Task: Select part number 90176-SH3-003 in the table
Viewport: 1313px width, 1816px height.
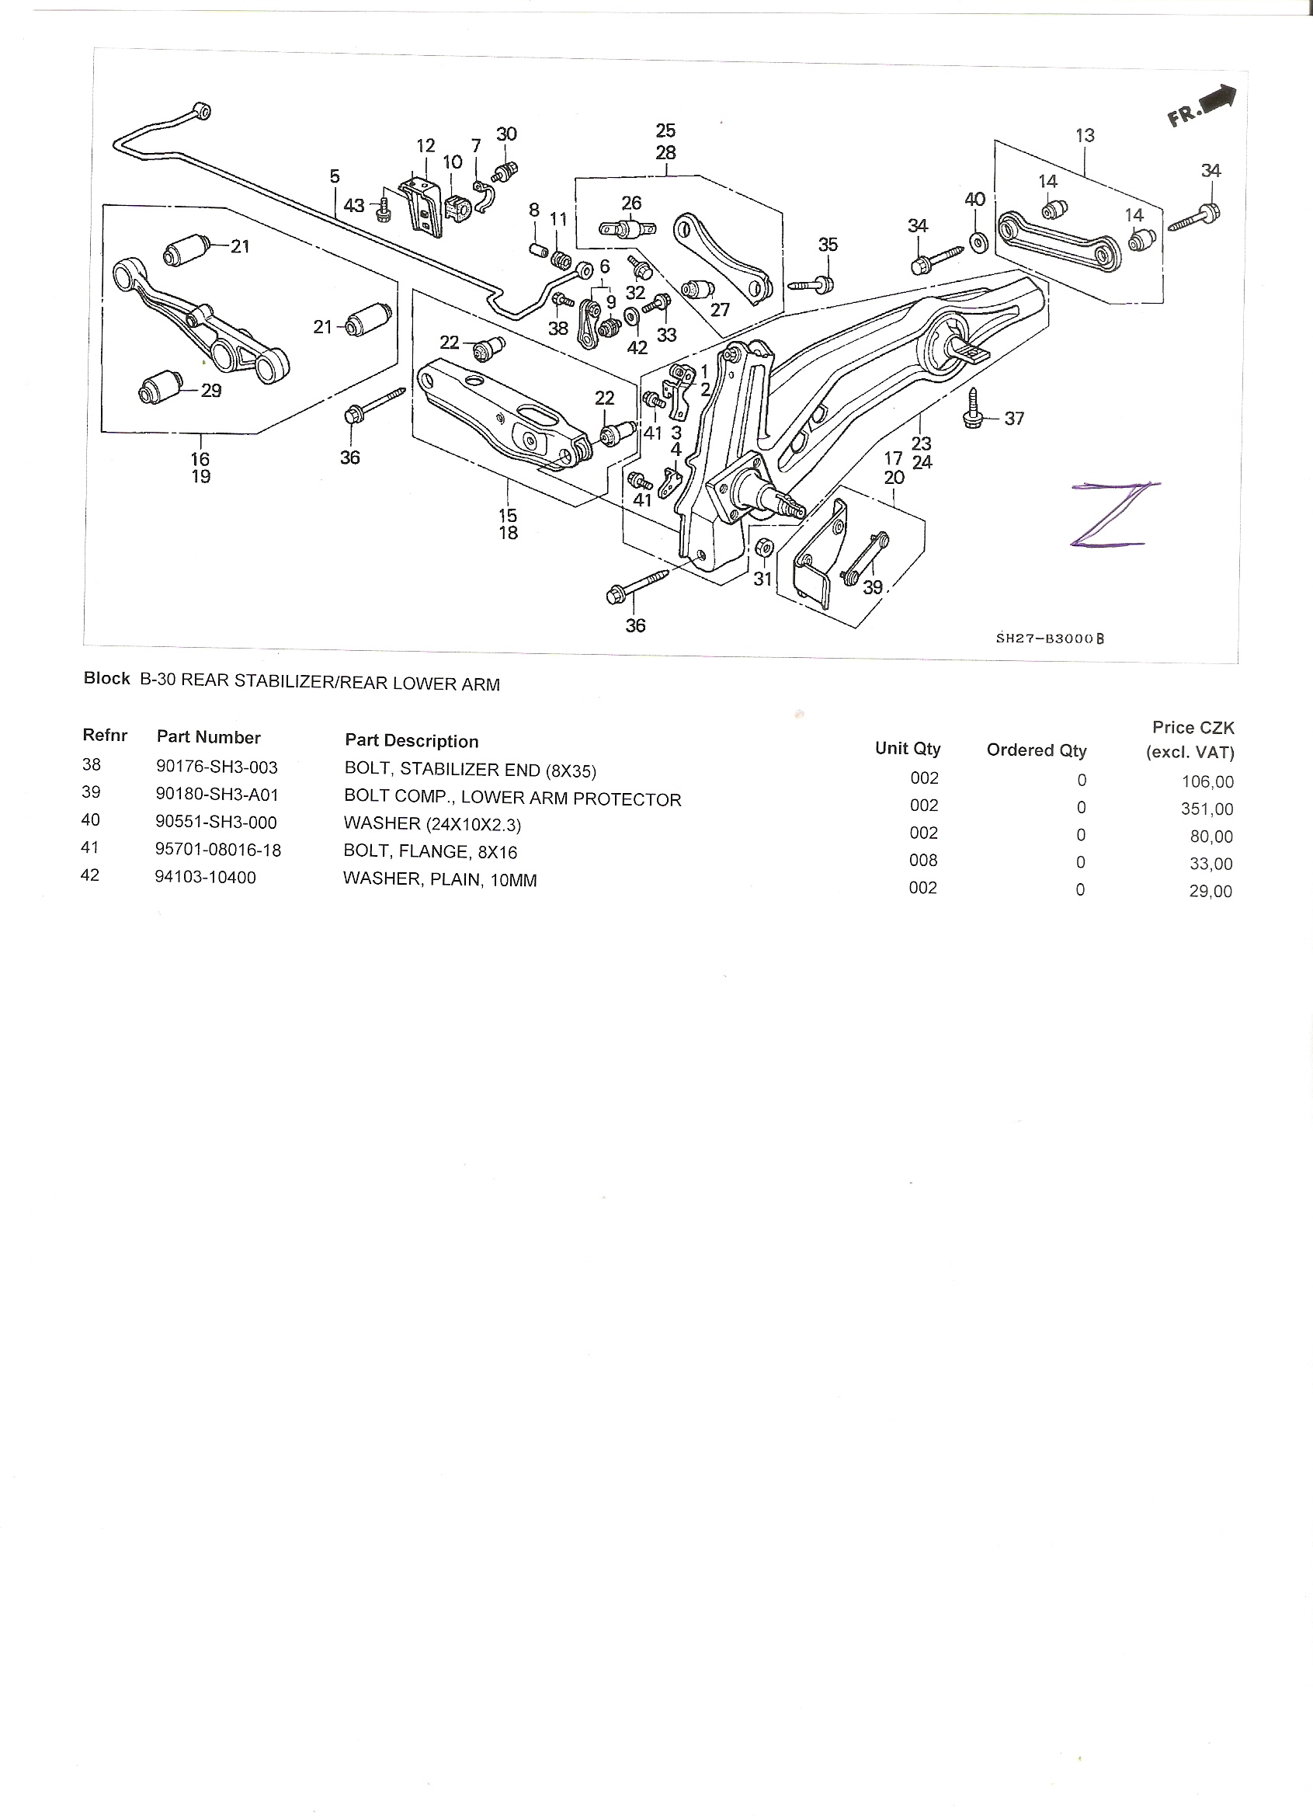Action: point(217,767)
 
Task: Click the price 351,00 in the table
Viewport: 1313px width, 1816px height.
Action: point(1207,809)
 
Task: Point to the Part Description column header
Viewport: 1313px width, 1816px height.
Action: point(412,741)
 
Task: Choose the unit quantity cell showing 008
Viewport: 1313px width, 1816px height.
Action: point(923,860)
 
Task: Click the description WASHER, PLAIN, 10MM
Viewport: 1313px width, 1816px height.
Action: point(439,880)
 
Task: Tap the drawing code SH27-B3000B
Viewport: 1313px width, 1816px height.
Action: point(1050,638)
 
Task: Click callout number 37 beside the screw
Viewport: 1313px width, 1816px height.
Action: point(1013,418)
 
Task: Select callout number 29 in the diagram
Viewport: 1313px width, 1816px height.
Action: point(210,391)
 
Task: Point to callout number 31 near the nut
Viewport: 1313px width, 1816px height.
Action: point(762,577)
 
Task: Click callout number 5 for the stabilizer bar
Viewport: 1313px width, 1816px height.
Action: point(334,176)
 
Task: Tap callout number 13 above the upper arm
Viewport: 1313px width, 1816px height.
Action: point(1085,135)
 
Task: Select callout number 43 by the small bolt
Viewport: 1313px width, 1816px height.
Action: point(354,206)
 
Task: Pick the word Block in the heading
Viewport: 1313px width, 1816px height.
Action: point(106,678)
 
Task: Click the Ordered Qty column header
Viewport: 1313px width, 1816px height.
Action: point(1036,750)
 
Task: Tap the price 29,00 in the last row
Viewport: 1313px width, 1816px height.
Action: point(1211,891)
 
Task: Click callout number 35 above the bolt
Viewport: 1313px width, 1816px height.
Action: point(828,244)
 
